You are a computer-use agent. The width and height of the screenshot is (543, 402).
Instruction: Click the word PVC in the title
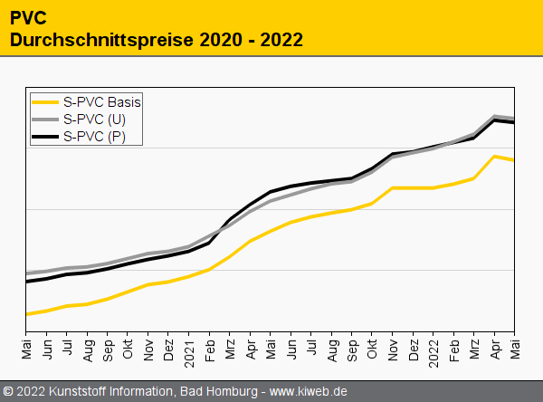(28, 16)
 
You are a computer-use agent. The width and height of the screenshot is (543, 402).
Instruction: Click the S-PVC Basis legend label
(102, 101)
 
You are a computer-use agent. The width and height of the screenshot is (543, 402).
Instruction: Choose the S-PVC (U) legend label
(95, 119)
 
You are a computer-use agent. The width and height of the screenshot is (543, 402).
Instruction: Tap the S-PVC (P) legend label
(95, 136)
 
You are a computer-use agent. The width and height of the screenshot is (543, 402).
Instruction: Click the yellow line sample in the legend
(44, 101)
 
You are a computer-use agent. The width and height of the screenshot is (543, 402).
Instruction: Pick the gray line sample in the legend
(44, 119)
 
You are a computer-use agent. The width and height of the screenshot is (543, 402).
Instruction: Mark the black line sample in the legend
(44, 136)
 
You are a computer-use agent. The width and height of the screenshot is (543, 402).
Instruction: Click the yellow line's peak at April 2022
(494, 156)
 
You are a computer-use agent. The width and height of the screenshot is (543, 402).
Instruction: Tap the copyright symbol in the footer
(9, 392)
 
